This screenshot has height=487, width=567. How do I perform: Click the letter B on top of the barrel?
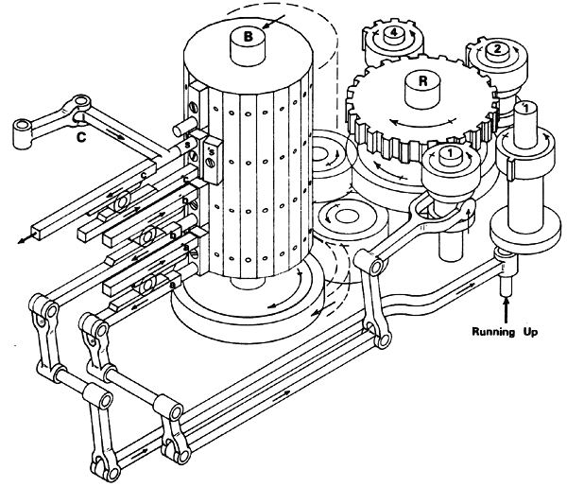(x=249, y=37)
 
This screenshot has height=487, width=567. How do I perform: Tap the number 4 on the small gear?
(x=393, y=32)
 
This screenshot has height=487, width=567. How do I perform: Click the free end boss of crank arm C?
(x=22, y=138)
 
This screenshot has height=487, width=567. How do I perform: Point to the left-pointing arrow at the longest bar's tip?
(x=21, y=240)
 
